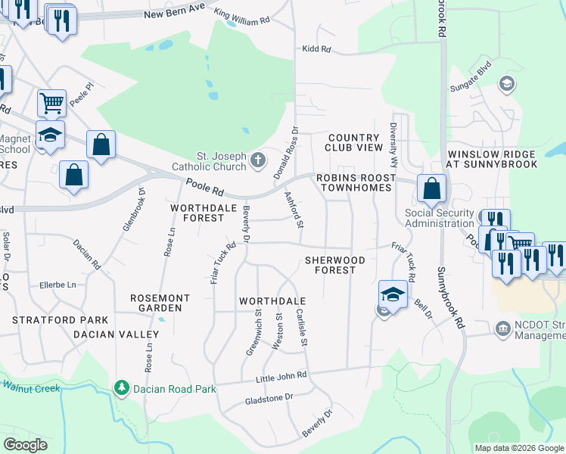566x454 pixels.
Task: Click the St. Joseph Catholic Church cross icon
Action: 258,159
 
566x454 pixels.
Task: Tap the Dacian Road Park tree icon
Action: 121,388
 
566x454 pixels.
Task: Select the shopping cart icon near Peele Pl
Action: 51,102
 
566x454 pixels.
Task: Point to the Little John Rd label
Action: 281,375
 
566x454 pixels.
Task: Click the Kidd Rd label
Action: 316,49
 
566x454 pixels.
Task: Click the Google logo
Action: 25,444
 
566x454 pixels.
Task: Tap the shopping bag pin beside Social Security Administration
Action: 431,189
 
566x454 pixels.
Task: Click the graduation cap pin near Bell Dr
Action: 392,294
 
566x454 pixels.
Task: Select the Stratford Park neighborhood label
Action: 60,321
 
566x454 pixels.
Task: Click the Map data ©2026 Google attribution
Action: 518,448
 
